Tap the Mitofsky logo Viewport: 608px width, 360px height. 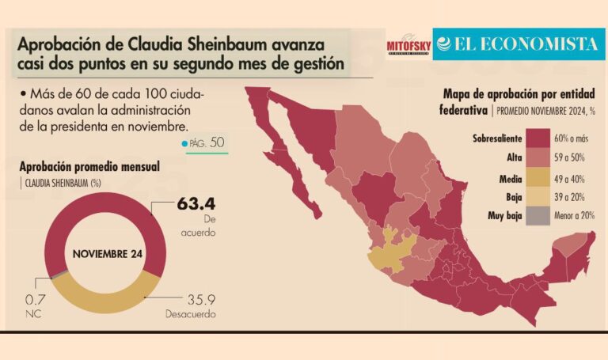(x=407, y=47)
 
